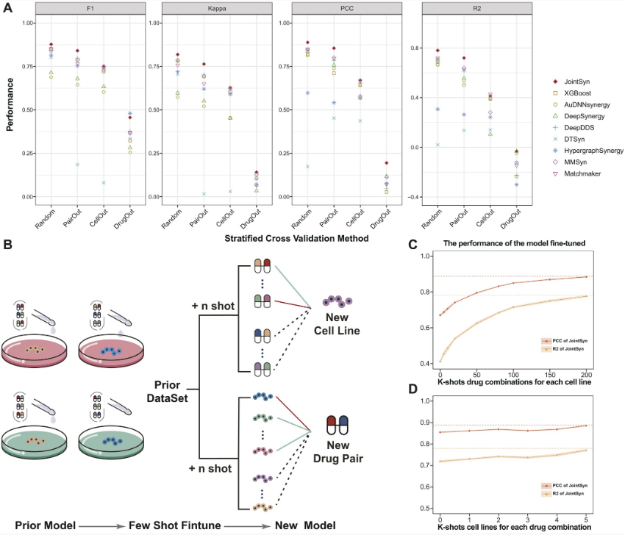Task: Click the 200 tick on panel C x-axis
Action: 586,373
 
